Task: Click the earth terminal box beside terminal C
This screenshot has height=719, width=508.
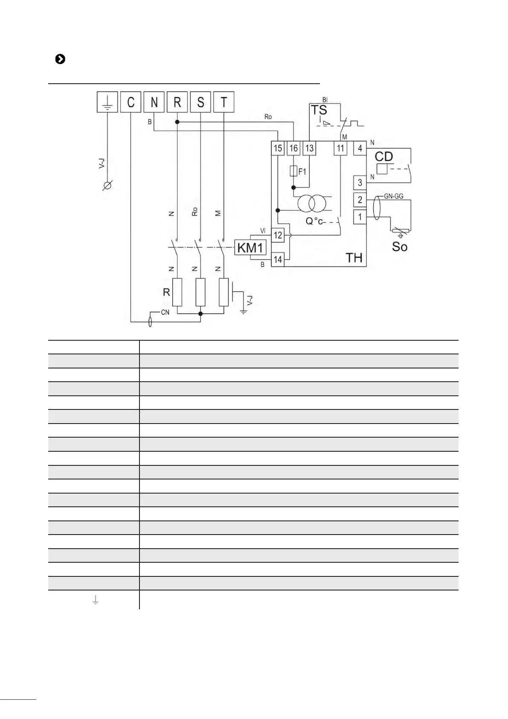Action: (107, 102)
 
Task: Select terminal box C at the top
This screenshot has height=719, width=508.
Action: (131, 102)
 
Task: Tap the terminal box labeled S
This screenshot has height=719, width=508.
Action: (200, 102)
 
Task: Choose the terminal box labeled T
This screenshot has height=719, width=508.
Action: (224, 102)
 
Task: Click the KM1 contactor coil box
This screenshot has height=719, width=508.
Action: (250, 248)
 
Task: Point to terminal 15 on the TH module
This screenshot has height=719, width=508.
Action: (278, 148)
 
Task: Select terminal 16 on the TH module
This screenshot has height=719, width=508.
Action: (293, 148)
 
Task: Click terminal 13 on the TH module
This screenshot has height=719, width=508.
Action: (309, 148)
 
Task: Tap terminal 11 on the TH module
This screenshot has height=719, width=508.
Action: (340, 148)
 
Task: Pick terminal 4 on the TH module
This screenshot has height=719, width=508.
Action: (360, 148)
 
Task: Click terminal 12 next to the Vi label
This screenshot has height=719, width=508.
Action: (278, 235)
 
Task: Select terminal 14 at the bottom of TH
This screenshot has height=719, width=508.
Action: (278, 260)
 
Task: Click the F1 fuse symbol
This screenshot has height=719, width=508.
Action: (293, 172)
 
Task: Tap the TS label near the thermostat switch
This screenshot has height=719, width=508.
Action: (319, 110)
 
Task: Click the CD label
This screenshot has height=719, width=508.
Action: (383, 157)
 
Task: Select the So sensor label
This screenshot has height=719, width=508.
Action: (400, 247)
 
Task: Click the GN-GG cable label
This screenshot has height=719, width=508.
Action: (394, 196)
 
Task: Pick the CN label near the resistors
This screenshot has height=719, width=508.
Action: (165, 313)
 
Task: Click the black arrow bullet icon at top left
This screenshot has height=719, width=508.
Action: (60, 59)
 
